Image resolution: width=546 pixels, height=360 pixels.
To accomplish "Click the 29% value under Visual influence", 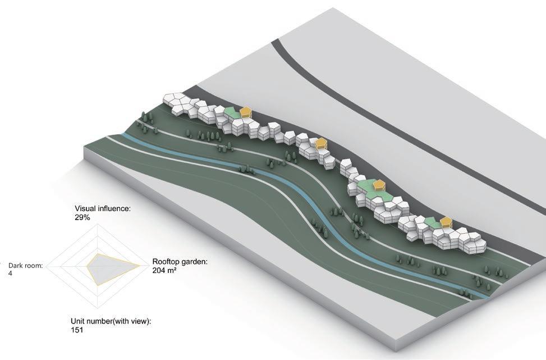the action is [x=82, y=216].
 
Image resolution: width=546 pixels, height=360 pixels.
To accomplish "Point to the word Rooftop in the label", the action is [x=167, y=262].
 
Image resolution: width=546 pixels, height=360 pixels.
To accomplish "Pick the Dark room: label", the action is [x=27, y=266].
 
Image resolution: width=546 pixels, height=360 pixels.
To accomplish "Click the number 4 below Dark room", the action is [x=11, y=273].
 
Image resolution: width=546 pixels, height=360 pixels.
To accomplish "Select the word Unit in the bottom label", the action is [x=78, y=321].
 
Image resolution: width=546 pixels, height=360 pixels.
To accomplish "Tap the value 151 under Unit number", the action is [x=77, y=330].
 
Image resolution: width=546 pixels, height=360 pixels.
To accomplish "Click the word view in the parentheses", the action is [x=142, y=321].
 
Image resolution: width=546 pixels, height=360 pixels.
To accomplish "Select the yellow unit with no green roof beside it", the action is [x=321, y=144].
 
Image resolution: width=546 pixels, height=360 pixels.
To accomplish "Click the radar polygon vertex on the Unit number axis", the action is [x=98, y=285].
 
